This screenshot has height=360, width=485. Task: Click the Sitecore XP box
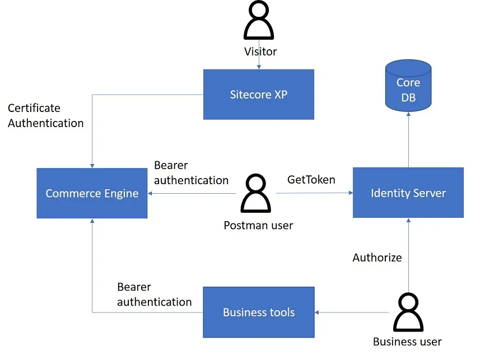pyautogui.click(x=258, y=94)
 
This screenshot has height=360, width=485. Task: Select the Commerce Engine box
pyautogui.click(x=92, y=193)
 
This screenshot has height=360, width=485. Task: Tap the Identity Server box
pyautogui.click(x=408, y=193)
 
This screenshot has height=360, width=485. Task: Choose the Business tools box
pyautogui.click(x=258, y=312)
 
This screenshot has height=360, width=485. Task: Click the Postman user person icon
pyautogui.click(x=258, y=194)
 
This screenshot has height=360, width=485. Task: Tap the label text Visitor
pyautogui.click(x=260, y=52)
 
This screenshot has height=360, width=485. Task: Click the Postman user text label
pyautogui.click(x=258, y=226)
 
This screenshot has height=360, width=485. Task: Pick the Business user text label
pyautogui.click(x=407, y=342)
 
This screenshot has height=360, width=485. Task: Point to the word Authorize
pyautogui.click(x=377, y=258)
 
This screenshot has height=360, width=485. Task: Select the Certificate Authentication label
pyautogui.click(x=45, y=115)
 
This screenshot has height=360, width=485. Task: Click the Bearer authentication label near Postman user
pyautogui.click(x=191, y=172)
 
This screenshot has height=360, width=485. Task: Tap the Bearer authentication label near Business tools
pyautogui.click(x=154, y=294)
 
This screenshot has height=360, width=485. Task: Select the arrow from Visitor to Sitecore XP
pyautogui.click(x=259, y=63)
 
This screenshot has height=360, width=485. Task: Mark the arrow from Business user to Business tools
pyautogui.click(x=353, y=312)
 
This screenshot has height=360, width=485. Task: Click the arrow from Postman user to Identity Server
pyautogui.click(x=314, y=193)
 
